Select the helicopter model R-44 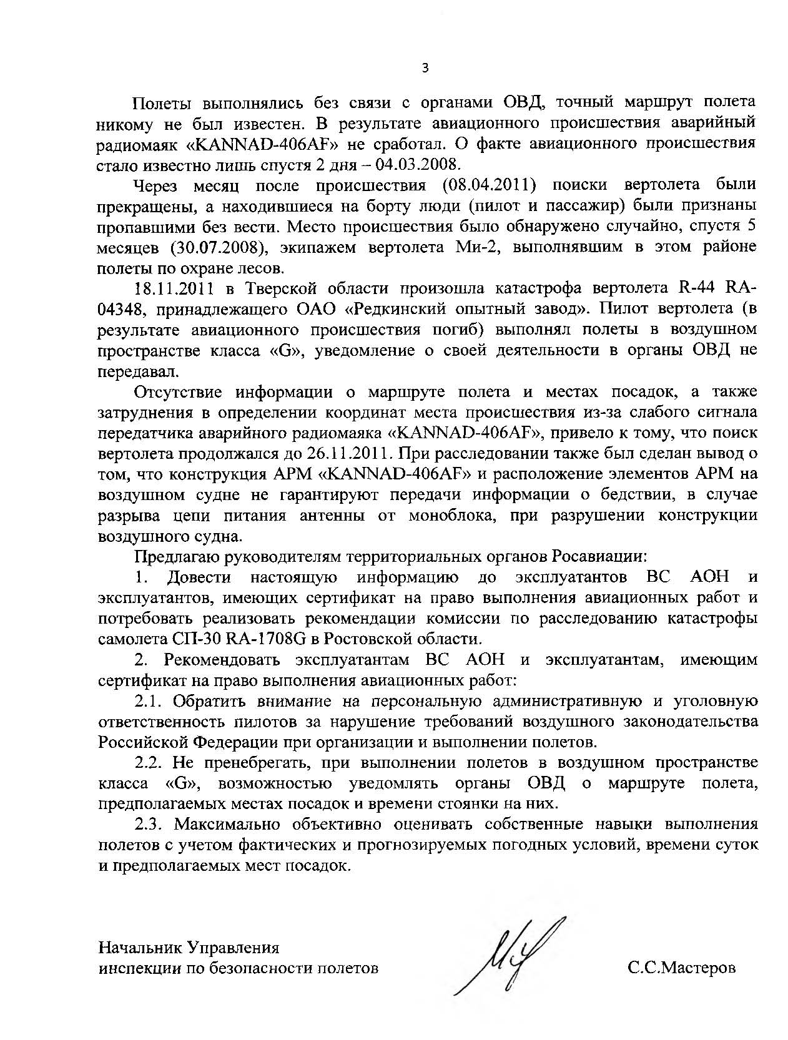pyautogui.click(x=696, y=288)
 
